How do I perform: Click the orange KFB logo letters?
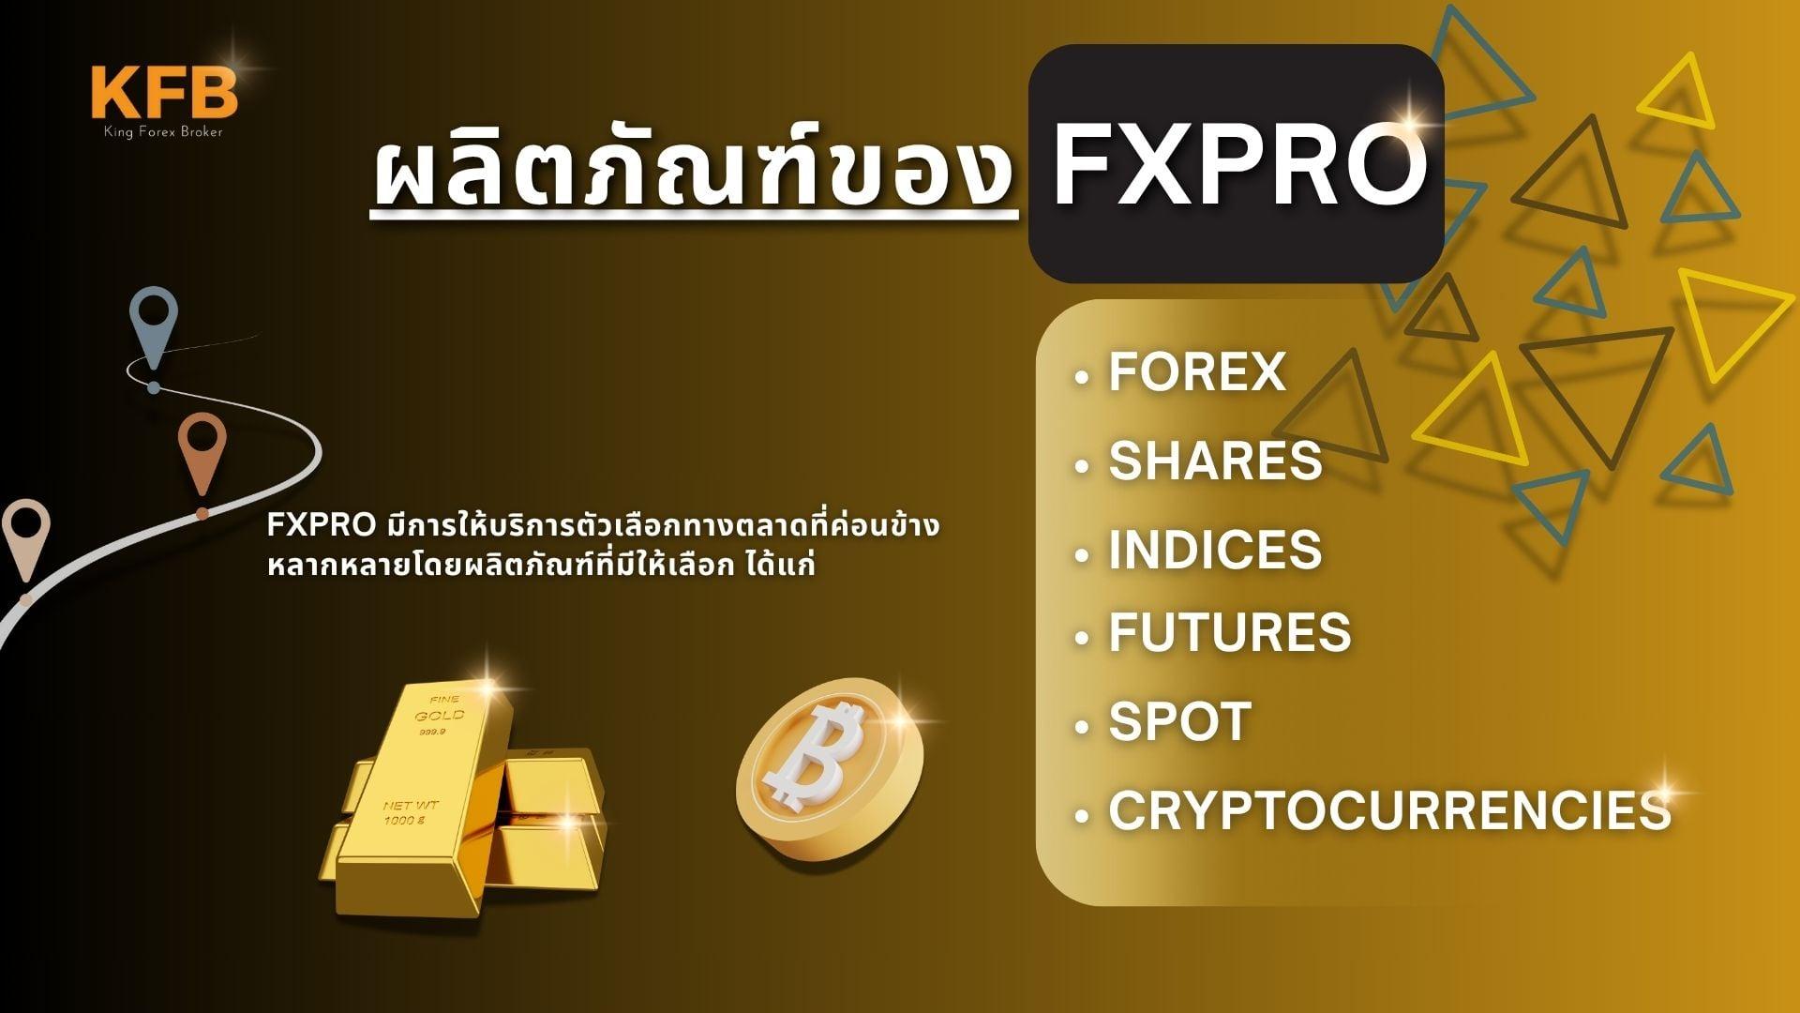pos(165,92)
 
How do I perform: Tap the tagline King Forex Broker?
pos(164,132)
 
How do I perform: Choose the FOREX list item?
pos(1196,371)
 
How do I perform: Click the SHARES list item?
pos(1215,460)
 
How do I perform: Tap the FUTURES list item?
pos(1230,631)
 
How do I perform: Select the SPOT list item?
pos(1180,720)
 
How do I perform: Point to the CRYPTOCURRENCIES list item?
pos(1390,809)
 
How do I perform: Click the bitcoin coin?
pos(830,769)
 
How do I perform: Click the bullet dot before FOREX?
pos(1083,378)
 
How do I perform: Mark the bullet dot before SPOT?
pos(1083,727)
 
